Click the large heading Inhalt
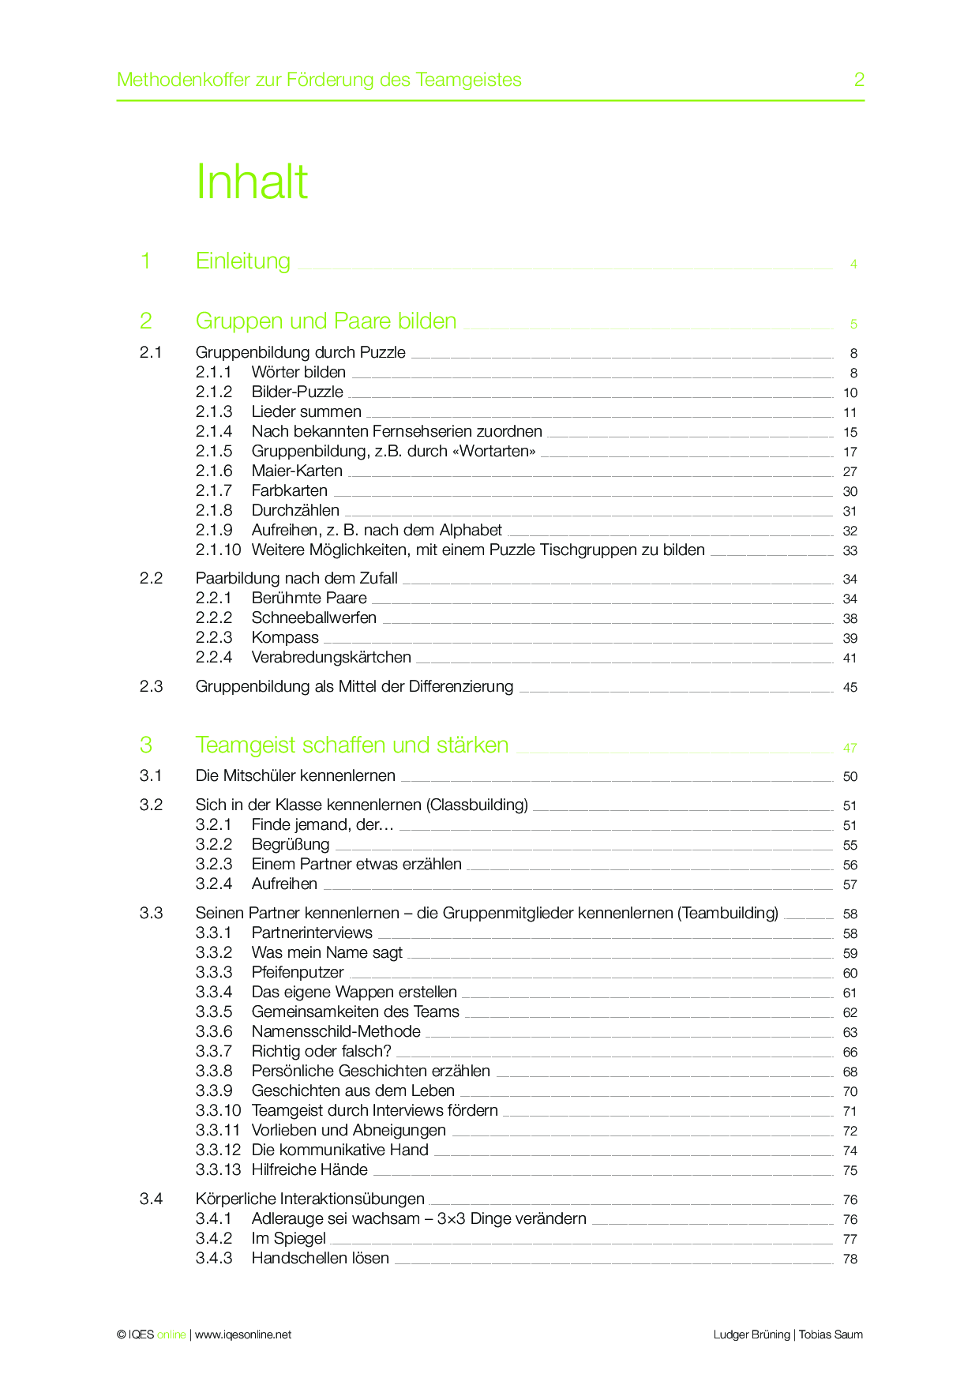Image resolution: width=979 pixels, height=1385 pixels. tap(251, 182)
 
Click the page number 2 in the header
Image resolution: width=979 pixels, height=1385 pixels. tap(859, 80)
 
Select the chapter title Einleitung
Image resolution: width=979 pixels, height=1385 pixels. tap(242, 261)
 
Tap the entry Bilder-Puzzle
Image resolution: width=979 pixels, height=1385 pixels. tap(297, 392)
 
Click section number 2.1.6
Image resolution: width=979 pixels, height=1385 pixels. tap(214, 471)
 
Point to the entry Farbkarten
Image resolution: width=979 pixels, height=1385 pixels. tap(289, 490)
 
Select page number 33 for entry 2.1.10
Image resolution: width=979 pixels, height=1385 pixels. tap(850, 550)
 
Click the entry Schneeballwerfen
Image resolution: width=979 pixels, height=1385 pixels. tap(313, 617)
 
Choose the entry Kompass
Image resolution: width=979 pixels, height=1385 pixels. tap(285, 637)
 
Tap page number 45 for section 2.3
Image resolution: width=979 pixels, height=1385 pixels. tap(850, 687)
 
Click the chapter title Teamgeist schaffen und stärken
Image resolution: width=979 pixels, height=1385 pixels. tap(351, 745)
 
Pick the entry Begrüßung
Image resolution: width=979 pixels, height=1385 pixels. tap(290, 844)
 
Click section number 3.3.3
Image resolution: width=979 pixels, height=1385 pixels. tap(214, 972)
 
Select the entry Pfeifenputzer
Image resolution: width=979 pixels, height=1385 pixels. tap(298, 972)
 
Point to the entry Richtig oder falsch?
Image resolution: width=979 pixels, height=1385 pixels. tap(321, 1051)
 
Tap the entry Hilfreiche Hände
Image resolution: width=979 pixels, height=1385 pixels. tap(309, 1169)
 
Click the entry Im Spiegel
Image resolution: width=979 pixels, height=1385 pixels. tap(288, 1238)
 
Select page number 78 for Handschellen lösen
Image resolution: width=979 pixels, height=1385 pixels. tap(850, 1259)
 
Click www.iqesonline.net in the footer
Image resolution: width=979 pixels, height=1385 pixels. tap(242, 1334)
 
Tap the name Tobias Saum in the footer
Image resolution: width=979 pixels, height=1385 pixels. tap(831, 1334)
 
